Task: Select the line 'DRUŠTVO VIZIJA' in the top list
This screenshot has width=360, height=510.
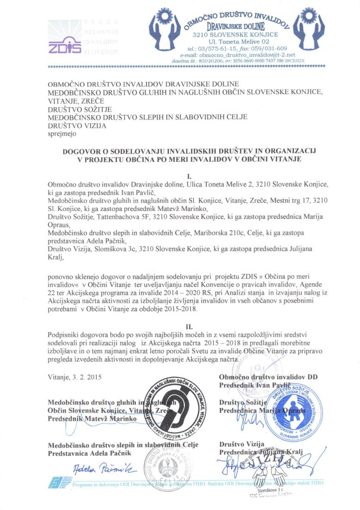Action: pos(77,126)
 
